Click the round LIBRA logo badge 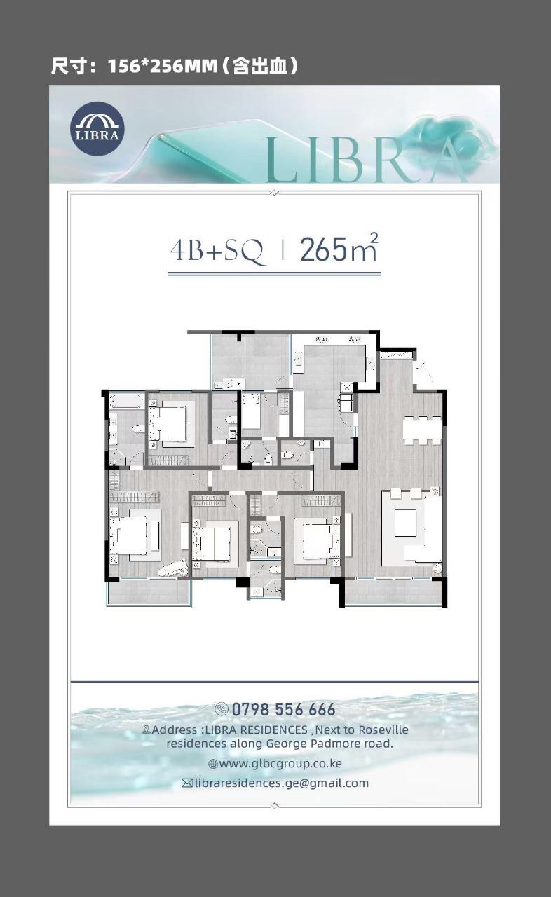(97, 128)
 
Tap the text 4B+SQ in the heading (217, 251)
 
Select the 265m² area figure (339, 248)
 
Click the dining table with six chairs (422, 430)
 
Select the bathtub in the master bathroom (126, 401)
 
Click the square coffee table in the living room (405, 523)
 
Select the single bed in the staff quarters (251, 411)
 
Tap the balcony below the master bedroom (149, 592)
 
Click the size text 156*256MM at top (163, 67)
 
